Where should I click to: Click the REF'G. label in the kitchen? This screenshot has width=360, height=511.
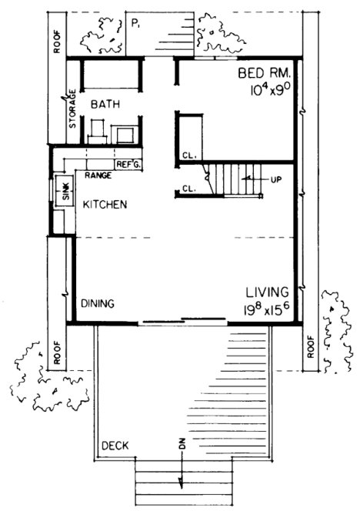127,164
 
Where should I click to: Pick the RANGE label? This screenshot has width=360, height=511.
98,175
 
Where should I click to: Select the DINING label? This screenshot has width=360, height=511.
98,304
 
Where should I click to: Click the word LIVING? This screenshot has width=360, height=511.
267,292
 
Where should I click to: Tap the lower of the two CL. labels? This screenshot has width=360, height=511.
189,188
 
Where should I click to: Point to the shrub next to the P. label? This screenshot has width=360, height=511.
103,33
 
